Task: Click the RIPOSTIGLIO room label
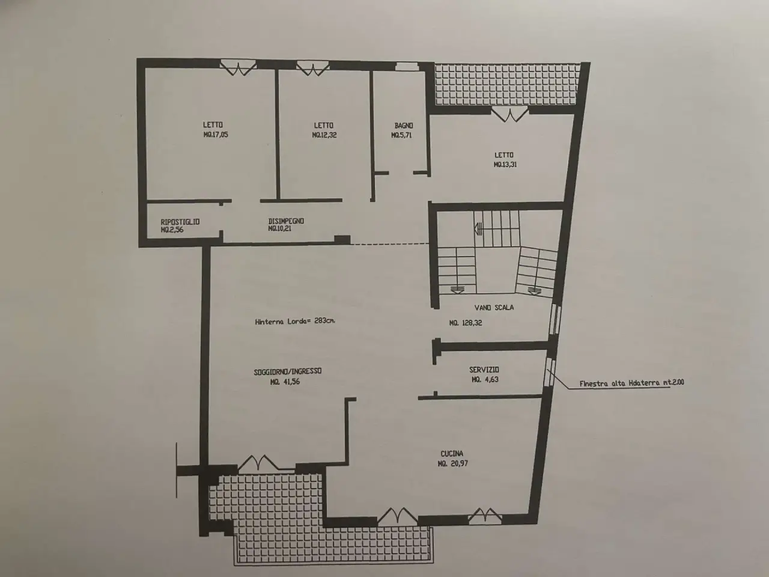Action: point(180,222)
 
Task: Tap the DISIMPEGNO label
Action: point(286,221)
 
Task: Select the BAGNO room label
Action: point(404,126)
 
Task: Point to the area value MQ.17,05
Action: point(216,135)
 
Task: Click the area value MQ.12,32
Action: point(324,135)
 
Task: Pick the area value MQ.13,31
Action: point(505,164)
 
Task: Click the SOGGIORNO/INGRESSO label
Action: point(288,371)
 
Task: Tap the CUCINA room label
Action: point(452,454)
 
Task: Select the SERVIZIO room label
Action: point(484,370)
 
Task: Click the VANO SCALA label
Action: point(494,308)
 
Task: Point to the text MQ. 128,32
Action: point(466,323)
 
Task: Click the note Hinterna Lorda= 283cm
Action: point(296,321)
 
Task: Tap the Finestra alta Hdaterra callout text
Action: point(631,383)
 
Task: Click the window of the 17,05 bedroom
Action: point(239,68)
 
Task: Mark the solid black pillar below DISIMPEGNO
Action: point(342,240)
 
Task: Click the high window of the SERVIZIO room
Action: point(550,371)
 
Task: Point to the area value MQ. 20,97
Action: point(452,463)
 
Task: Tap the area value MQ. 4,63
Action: point(485,379)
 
